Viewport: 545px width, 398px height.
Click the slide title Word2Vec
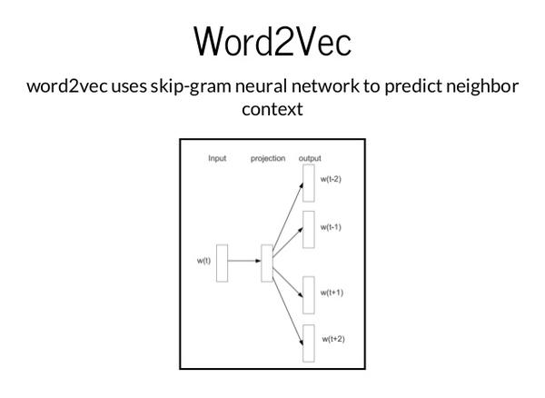click(272, 41)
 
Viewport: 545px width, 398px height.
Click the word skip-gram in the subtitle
click(191, 86)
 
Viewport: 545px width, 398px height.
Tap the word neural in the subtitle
click(262, 85)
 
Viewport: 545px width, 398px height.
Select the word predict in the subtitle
click(413, 86)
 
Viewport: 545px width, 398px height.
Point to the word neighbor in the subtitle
click(482, 86)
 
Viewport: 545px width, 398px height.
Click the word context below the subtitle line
click(272, 109)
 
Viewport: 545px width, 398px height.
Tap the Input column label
click(217, 158)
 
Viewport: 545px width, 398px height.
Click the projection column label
click(268, 158)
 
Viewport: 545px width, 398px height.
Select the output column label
click(310, 158)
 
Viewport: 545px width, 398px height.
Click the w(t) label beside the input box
click(203, 261)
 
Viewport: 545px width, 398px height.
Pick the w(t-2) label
click(331, 179)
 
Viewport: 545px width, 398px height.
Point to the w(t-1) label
click(331, 227)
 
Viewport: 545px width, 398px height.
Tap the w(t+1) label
click(332, 293)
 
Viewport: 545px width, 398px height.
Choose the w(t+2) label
click(333, 339)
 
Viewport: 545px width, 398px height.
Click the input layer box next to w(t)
click(223, 264)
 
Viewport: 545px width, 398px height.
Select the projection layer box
click(267, 264)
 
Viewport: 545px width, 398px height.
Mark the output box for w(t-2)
click(309, 184)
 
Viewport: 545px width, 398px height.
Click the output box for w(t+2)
click(309, 343)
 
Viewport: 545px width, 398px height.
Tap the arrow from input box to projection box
click(244, 261)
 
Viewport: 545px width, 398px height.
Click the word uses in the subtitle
click(129, 86)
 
